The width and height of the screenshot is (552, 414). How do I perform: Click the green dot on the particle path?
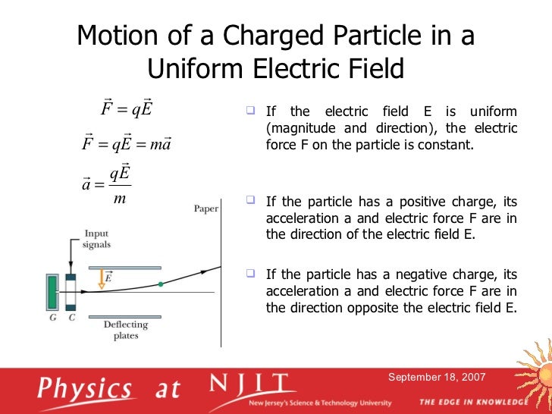click(161, 284)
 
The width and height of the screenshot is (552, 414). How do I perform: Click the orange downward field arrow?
click(100, 281)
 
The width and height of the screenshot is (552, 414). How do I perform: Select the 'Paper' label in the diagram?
click(205, 209)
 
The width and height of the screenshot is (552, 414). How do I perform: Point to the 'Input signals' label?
click(96, 239)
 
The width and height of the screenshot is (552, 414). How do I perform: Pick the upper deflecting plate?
click(124, 267)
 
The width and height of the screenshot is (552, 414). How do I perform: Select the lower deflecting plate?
click(124, 315)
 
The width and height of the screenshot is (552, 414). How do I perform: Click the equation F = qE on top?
click(127, 109)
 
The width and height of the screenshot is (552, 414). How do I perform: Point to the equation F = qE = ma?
click(126, 143)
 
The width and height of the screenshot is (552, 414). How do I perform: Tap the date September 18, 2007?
click(438, 377)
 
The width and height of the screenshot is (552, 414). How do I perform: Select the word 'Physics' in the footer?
click(86, 388)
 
